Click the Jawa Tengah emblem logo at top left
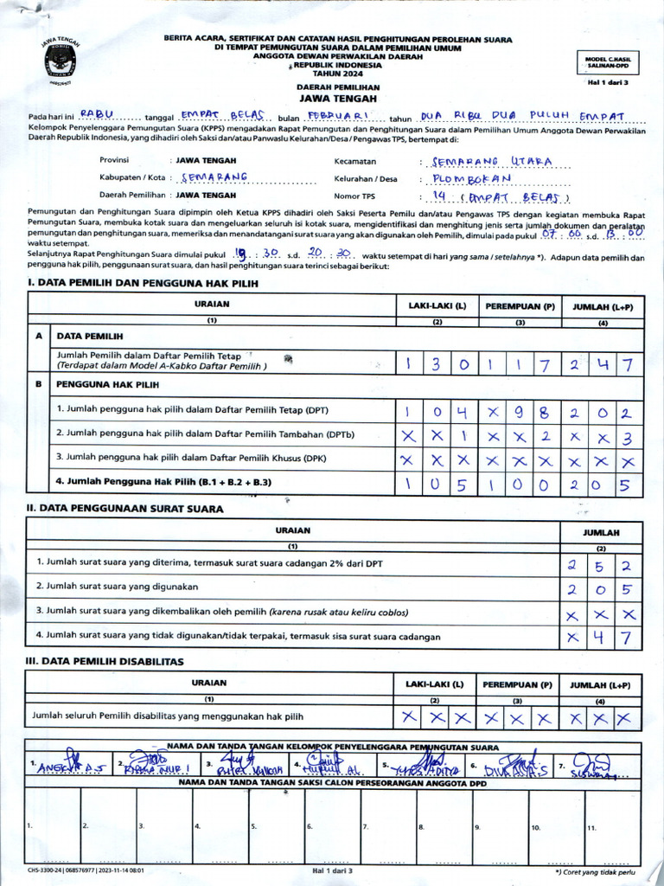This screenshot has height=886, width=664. pos(60,61)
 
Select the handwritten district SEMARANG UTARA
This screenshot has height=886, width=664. pos(494,161)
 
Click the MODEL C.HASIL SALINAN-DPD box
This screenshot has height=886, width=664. pos(608,62)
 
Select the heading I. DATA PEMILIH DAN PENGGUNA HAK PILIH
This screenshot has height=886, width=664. pos(143,283)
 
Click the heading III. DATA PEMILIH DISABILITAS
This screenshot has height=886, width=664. pos(105,661)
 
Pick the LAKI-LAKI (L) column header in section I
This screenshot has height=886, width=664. pos(437,306)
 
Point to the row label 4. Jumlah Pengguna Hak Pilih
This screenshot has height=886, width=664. pos(163,481)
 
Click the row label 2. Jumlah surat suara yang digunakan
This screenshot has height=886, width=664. pos(118,587)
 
